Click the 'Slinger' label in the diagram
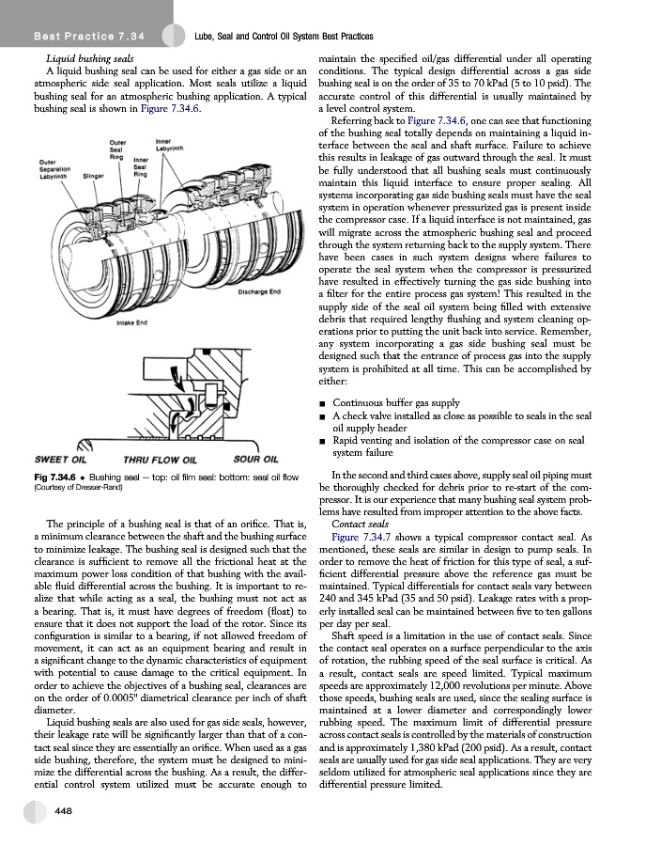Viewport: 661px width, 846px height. pyautogui.click(x=92, y=176)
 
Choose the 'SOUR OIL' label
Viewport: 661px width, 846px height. pyautogui.click(x=254, y=460)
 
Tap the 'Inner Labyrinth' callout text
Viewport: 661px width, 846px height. pyautogui.click(x=169, y=146)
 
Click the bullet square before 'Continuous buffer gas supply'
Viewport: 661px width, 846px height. pyautogui.click(x=323, y=403)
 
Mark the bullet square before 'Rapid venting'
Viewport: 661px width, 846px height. pyautogui.click(x=323, y=439)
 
